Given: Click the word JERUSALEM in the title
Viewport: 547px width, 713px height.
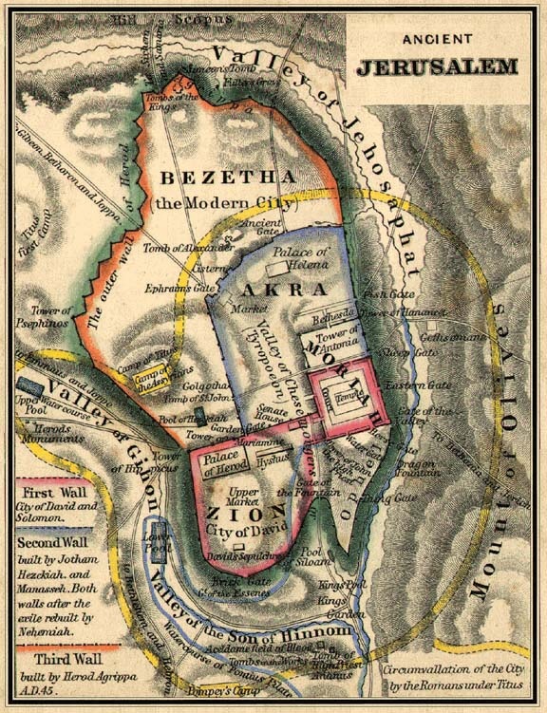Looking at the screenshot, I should click(x=437, y=67).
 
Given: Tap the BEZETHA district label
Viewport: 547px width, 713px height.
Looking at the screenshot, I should click(x=206, y=178).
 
